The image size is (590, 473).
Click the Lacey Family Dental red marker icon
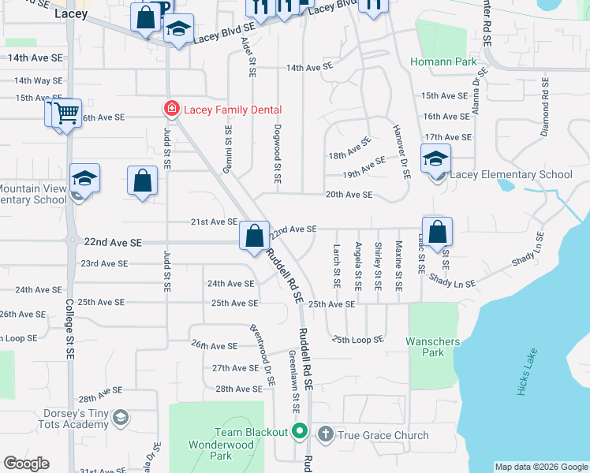click(x=170, y=109)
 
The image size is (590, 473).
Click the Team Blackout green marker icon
click(x=299, y=431)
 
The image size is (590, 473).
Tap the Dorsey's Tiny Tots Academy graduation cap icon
click(x=120, y=417)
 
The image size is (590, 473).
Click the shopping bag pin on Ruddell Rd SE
click(x=254, y=236)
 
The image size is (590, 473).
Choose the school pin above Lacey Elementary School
click(x=435, y=159)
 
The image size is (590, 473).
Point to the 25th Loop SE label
click(x=357, y=339)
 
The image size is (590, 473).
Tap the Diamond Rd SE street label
click(x=544, y=107)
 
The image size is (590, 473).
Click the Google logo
click(x=26, y=464)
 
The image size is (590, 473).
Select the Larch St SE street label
click(x=337, y=264)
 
